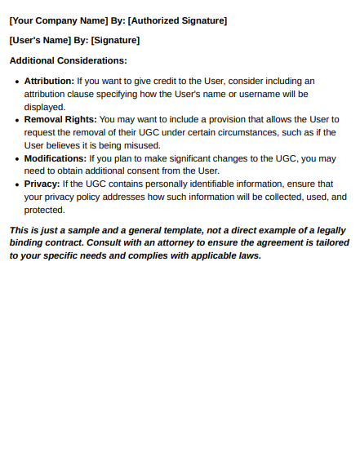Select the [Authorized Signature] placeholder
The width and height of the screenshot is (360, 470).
coord(177,20)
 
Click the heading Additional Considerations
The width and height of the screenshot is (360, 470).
coord(68,60)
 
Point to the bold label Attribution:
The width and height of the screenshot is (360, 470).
coord(49,81)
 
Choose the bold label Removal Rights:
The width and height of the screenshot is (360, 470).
coord(60,119)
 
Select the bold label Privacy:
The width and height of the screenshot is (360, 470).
coord(42,184)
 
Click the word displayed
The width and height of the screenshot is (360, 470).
coord(44,106)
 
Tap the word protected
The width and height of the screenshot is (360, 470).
coord(44,210)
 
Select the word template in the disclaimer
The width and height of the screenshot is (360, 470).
coord(180,230)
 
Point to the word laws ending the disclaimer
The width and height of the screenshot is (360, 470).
coord(246,255)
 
